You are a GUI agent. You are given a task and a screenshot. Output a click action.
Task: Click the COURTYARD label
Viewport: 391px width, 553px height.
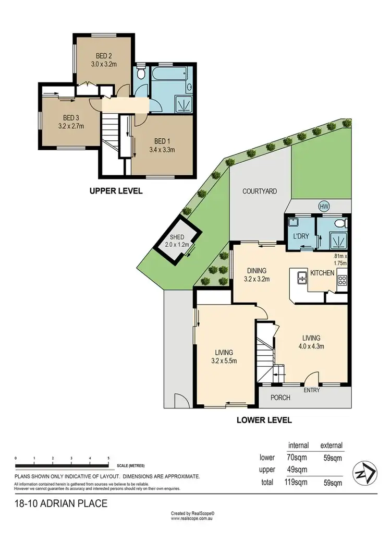tap(259, 191)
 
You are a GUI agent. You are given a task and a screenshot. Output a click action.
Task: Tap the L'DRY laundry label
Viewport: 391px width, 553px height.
tap(301, 236)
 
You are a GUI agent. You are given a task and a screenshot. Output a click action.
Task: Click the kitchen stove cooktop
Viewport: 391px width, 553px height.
tap(342, 281)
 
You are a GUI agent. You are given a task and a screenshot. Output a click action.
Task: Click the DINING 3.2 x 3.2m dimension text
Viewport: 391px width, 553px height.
tap(256, 279)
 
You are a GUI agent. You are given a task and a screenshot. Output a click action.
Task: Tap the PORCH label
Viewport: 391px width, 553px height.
tap(280, 398)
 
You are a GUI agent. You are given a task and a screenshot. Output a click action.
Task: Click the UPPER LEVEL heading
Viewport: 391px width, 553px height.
tap(116, 191)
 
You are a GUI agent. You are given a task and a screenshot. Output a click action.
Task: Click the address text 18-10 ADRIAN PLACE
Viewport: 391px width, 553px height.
tap(61, 503)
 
